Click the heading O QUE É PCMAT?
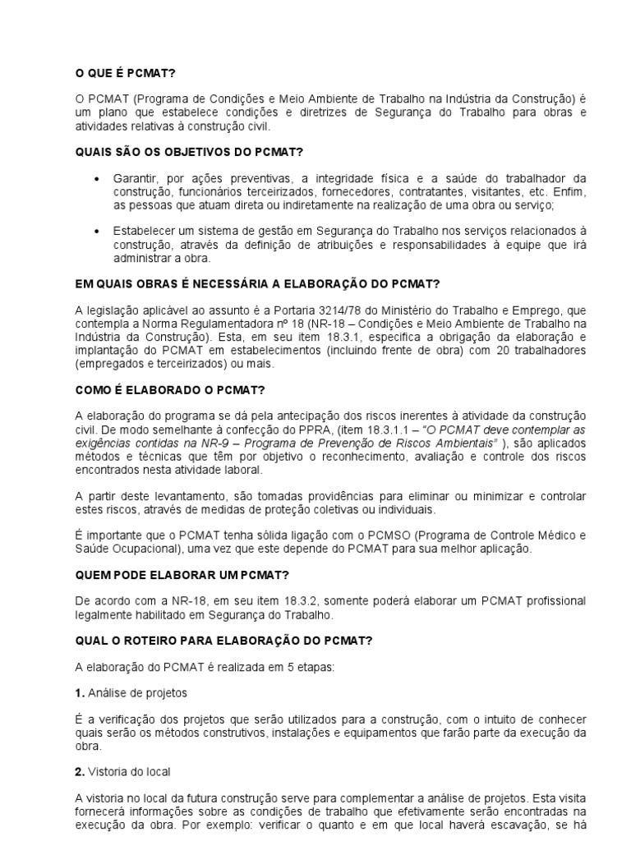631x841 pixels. pyautogui.click(x=125, y=73)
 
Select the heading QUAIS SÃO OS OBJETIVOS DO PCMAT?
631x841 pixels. pyautogui.click(x=188, y=153)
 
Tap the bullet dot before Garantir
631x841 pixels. pyautogui.click(x=98, y=179)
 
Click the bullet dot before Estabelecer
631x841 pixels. pyautogui.click(x=98, y=232)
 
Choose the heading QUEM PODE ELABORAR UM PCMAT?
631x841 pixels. pyautogui.click(x=174, y=575)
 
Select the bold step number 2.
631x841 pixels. pyautogui.click(x=80, y=773)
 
